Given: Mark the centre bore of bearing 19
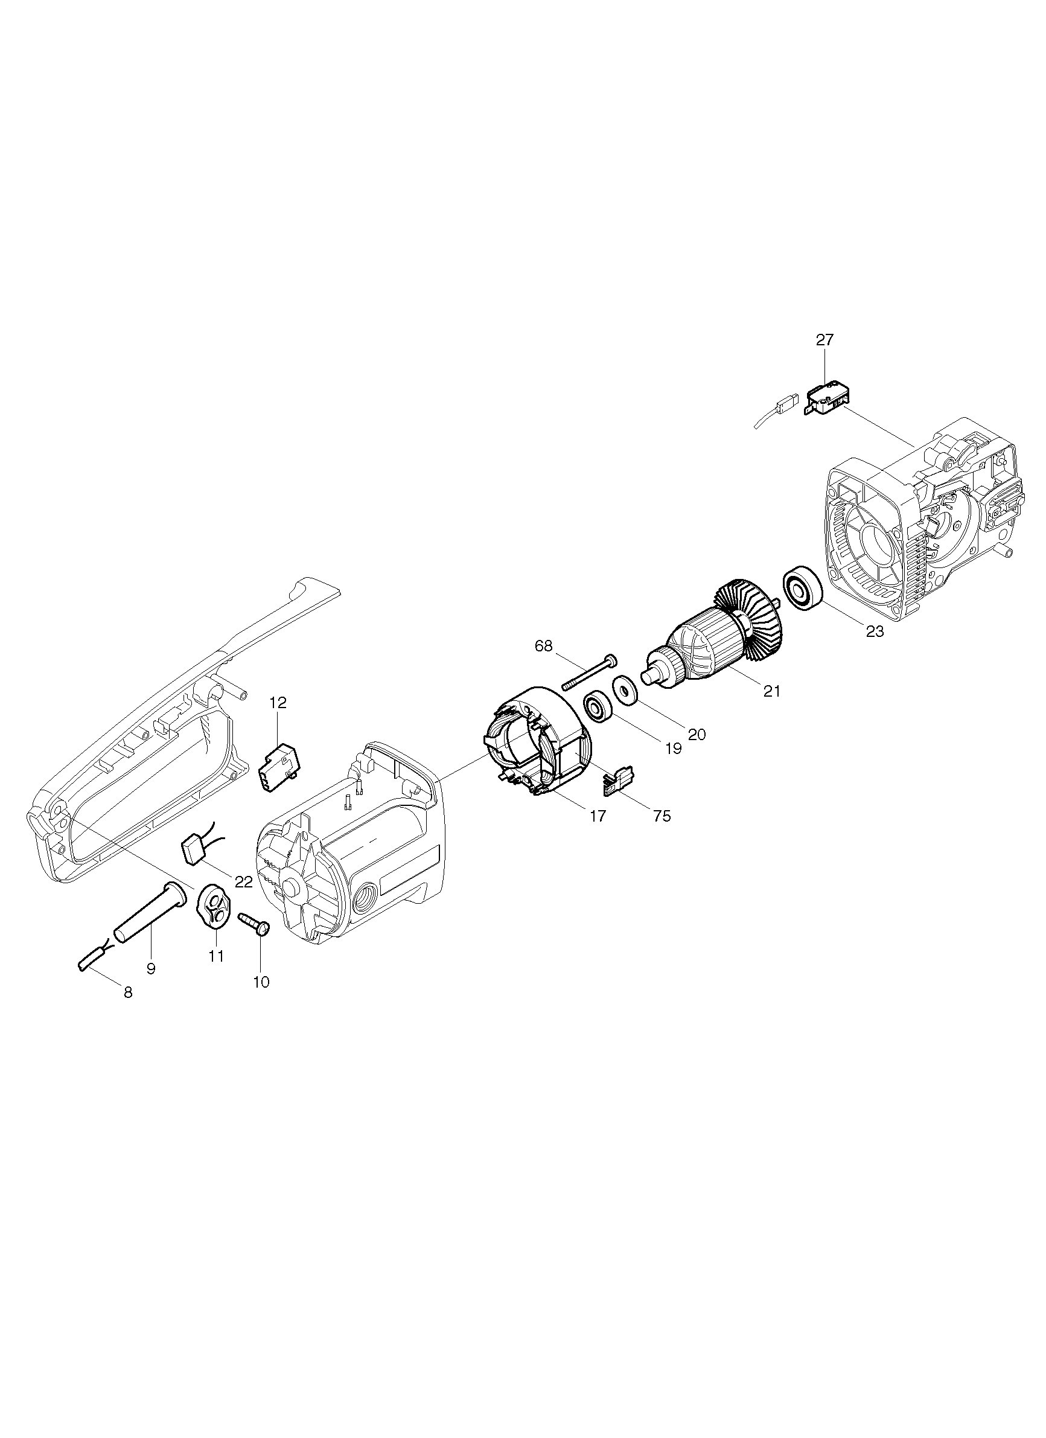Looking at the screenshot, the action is pos(596,707).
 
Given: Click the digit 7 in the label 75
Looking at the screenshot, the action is pos(657,816).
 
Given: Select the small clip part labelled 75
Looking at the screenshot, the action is pos(618,781).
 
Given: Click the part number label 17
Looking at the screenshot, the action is pos(598,816).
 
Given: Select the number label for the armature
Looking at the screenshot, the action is pos(771,691).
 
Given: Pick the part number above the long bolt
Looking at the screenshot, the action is pos(544,646).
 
